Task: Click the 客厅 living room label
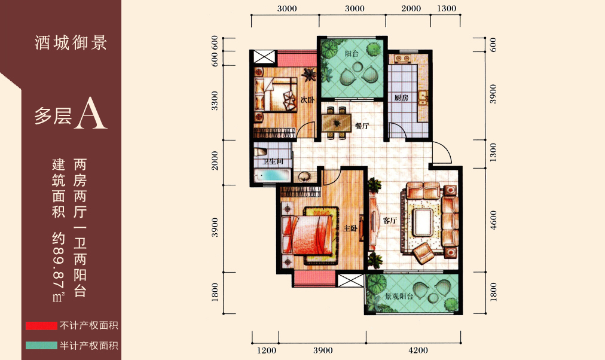tap(390, 221)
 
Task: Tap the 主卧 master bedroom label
tap(350, 228)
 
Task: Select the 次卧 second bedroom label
tap(307, 100)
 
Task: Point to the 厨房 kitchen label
tap(401, 98)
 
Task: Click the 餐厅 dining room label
tap(362, 126)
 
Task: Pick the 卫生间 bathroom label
tap(273, 161)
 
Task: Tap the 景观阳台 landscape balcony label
tap(399, 297)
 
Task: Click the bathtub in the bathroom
tap(273, 176)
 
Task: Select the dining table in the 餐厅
tap(337, 123)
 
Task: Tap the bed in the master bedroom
tap(307, 236)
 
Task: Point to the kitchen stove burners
tap(402, 59)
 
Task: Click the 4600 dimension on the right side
tap(493, 220)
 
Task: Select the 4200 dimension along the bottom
tap(418, 350)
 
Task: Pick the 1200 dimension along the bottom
tap(267, 350)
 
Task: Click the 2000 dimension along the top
tap(411, 8)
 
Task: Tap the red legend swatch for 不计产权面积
tap(41, 326)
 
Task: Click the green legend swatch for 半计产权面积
tap(41, 345)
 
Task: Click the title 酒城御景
tap(71, 42)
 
